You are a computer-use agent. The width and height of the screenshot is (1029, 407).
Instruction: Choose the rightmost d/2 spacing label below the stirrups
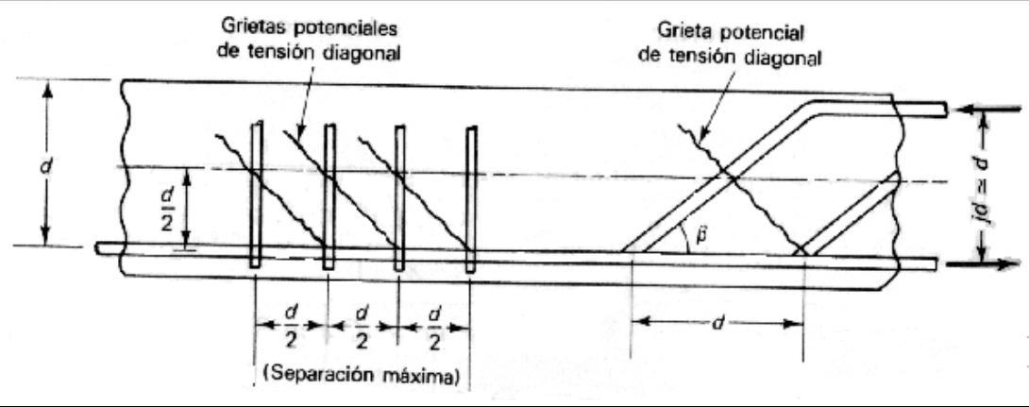pyautogui.click(x=435, y=326)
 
